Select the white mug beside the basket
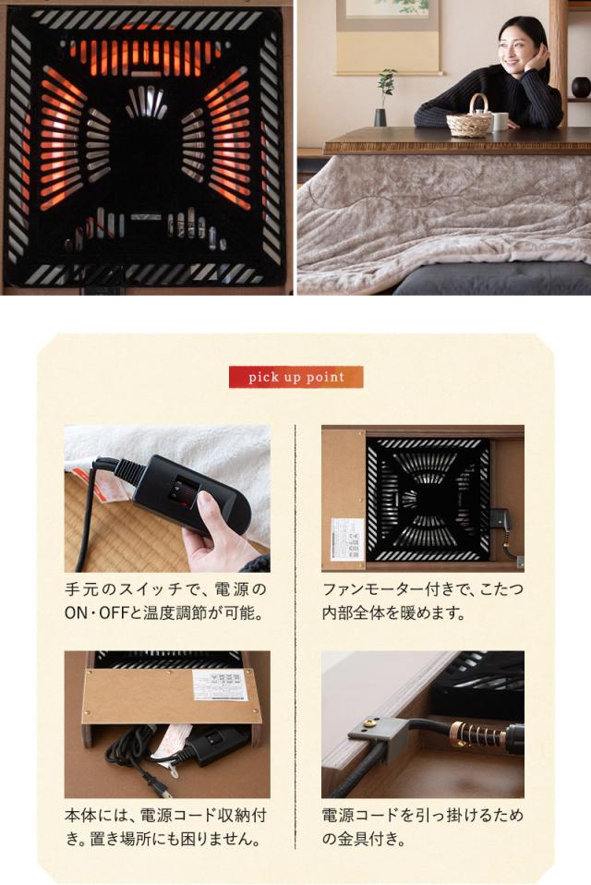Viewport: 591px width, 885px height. tap(500, 121)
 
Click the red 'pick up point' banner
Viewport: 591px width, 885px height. tap(295, 377)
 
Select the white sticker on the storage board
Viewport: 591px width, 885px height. tap(219, 685)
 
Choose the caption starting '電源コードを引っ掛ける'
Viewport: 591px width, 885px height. tap(422, 815)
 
